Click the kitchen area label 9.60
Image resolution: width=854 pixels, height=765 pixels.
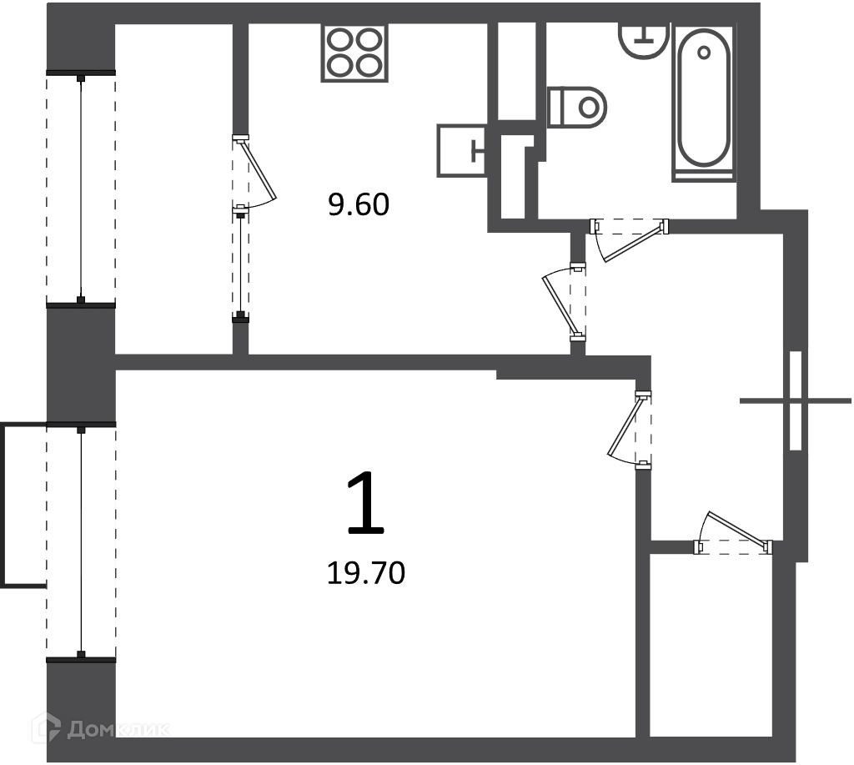[x=359, y=205]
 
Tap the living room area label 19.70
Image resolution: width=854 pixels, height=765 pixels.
[x=366, y=573]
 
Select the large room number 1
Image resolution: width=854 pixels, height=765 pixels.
[x=365, y=502]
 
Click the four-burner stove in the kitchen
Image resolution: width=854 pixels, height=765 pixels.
[x=354, y=53]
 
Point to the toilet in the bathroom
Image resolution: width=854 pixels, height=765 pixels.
[x=577, y=107]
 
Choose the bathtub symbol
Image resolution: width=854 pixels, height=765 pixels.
[x=704, y=102]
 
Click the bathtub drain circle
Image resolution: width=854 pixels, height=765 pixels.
[x=704, y=53]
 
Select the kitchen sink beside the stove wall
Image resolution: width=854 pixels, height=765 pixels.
[x=462, y=151]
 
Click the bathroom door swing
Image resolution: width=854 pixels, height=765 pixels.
[x=629, y=239]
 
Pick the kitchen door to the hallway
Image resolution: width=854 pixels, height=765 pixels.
[x=565, y=302]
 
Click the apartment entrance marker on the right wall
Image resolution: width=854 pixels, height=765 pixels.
[x=795, y=401]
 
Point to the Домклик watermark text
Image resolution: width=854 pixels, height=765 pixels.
[x=118, y=729]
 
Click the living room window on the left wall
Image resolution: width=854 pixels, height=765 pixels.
[x=81, y=542]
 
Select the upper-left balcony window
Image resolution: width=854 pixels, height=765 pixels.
[x=81, y=189]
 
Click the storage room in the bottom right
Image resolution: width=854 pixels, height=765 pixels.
[x=711, y=646]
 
